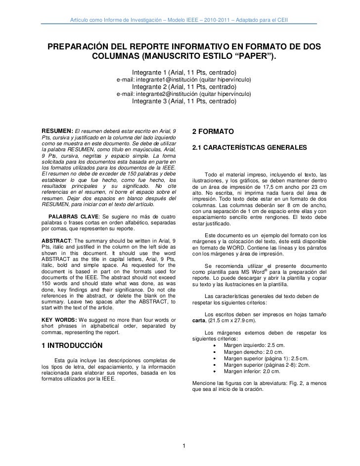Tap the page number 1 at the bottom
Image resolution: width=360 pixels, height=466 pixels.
[183, 448]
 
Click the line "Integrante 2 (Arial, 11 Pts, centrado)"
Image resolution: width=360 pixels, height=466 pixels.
[184, 87]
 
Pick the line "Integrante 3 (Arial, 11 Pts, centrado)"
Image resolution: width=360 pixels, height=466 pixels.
[184, 102]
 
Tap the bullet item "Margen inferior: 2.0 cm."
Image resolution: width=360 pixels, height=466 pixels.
[252, 371]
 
